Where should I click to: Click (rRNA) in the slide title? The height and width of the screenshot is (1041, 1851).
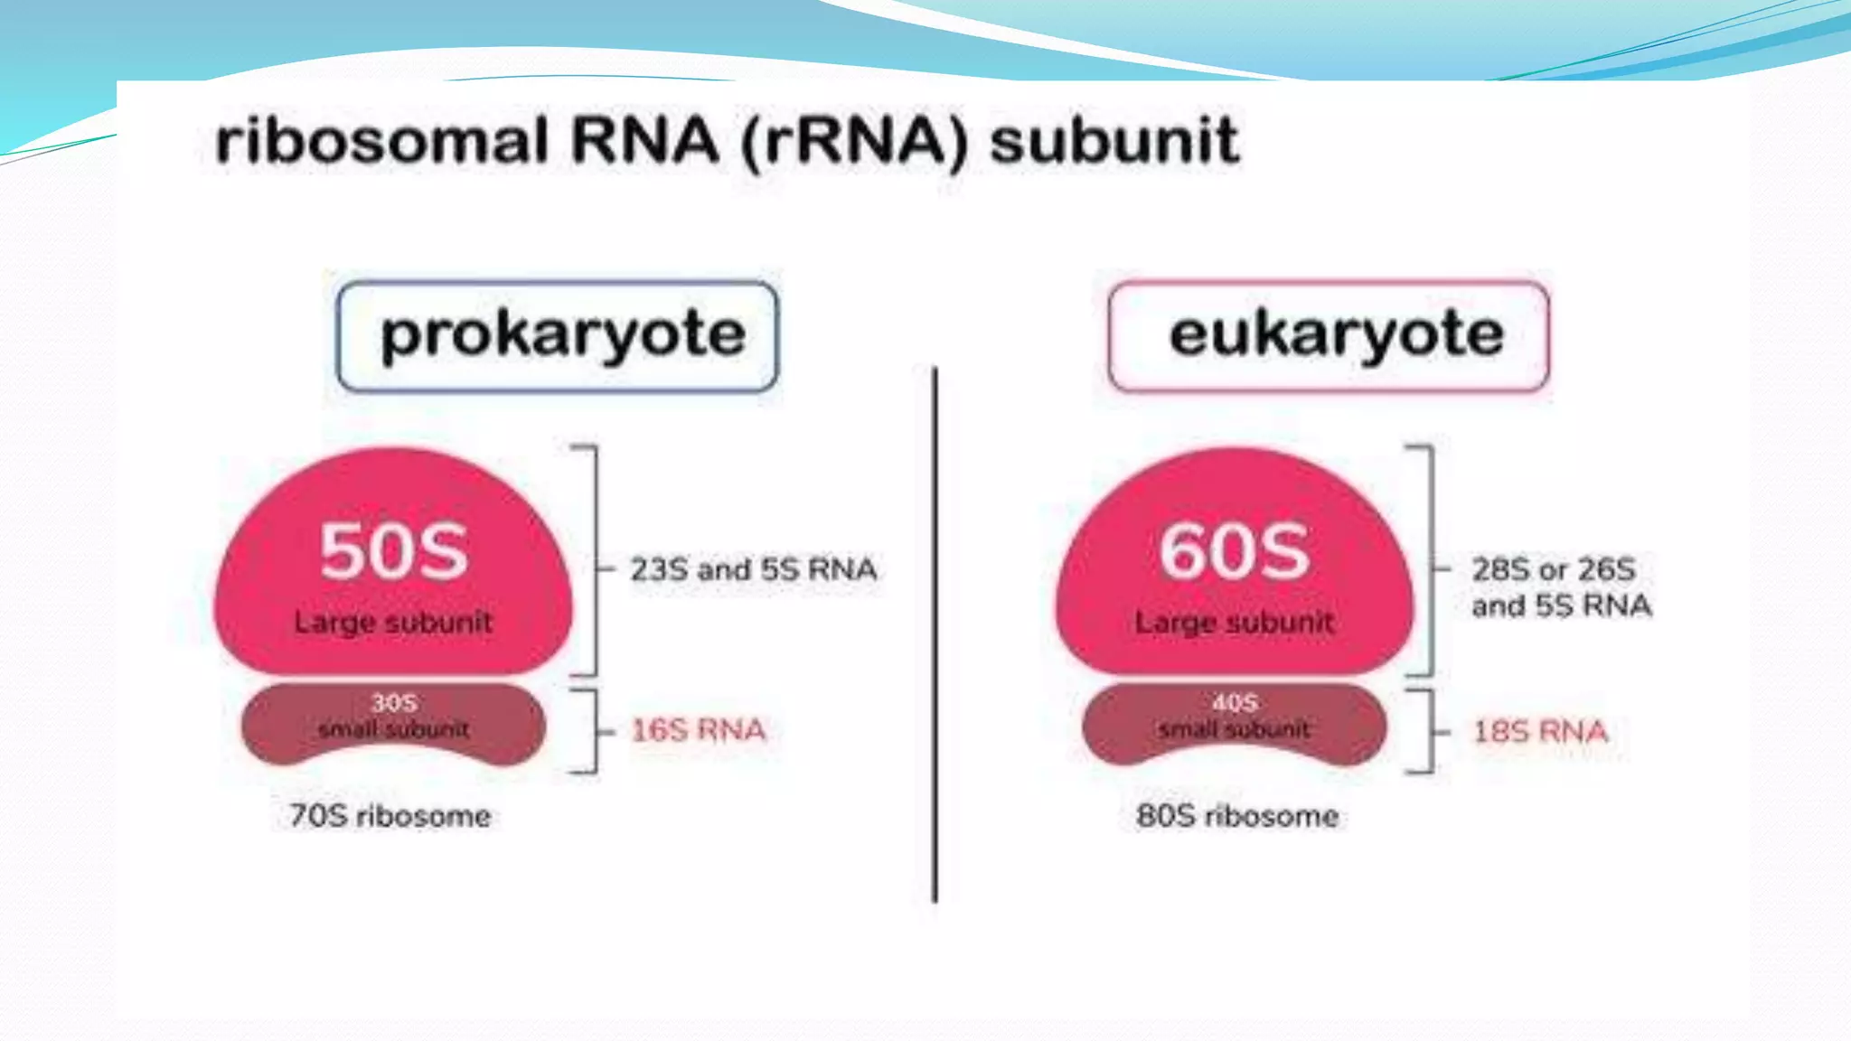click(x=854, y=142)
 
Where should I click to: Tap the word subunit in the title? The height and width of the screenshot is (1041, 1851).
click(x=1113, y=142)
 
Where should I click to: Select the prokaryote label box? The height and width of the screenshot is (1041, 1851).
click(x=558, y=336)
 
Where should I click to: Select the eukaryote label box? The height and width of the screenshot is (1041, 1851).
click(x=1329, y=336)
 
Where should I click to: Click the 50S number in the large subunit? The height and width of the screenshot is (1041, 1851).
click(x=394, y=551)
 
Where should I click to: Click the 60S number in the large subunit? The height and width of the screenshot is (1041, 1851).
click(x=1235, y=551)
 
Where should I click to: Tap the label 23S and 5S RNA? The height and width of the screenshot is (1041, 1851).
click(x=753, y=569)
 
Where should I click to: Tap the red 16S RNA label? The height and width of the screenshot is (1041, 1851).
click(x=698, y=730)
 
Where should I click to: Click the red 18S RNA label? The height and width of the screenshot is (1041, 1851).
click(x=1540, y=731)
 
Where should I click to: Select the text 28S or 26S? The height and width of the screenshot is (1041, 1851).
click(x=1553, y=569)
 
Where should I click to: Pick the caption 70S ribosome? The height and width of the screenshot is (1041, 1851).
click(x=390, y=816)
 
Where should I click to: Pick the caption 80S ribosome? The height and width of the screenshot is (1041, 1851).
click(x=1236, y=816)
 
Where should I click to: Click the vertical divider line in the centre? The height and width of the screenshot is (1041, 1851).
click(x=935, y=633)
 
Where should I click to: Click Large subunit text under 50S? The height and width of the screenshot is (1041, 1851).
click(x=393, y=622)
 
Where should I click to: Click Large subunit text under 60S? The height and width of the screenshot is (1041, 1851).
click(x=1235, y=622)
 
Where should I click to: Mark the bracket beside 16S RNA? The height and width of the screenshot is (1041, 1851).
click(x=594, y=731)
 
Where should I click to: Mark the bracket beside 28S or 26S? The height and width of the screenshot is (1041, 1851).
click(x=1432, y=560)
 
